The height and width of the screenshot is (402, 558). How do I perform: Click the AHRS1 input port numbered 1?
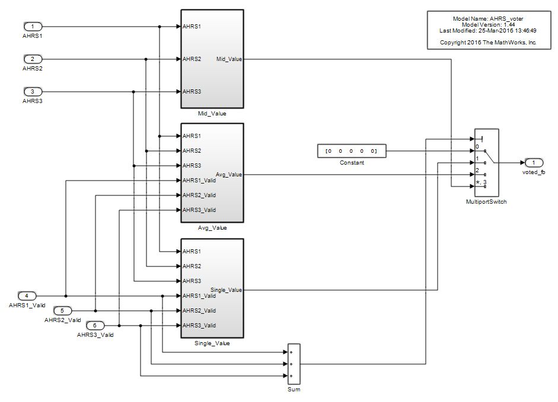[33, 27]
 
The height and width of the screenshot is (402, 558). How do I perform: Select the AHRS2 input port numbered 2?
[33, 59]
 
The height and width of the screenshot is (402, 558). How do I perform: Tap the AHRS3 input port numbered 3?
[33, 92]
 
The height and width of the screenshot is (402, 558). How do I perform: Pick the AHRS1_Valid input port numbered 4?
[27, 295]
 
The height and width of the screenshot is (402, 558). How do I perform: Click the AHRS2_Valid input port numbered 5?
[62, 310]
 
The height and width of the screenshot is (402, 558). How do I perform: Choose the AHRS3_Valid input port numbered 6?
[95, 325]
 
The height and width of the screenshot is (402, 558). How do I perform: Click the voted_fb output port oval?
[533, 163]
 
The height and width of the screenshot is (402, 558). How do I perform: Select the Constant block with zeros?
[352, 151]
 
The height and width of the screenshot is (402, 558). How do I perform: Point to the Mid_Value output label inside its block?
[229, 59]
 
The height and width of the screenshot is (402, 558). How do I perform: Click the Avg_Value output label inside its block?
[229, 175]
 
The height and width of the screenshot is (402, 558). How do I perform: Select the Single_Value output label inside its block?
[227, 290]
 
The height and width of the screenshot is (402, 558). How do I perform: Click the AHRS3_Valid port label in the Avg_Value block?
[199, 210]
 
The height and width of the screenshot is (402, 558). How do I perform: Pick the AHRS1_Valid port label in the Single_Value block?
[199, 296]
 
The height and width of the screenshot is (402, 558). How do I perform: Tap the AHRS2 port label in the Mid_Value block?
[192, 59]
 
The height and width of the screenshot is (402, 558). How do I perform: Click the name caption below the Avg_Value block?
[212, 228]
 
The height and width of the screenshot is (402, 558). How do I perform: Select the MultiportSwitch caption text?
[486, 202]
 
